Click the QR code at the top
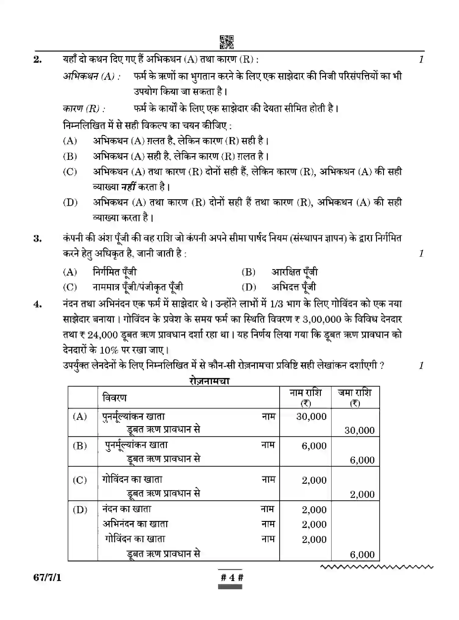coord(227,42)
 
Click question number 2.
coord(38,59)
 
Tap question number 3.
coord(38,238)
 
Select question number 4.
coord(38,304)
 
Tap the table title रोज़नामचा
coord(209,381)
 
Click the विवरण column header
coord(114,398)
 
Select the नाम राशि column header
coord(305,397)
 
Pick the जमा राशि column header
coord(355,397)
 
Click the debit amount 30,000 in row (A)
coord(311,417)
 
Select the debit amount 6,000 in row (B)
coord(314,446)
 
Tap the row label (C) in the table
coord(80,480)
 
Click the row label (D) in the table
coord(80,509)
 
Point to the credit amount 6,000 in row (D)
coord(362,554)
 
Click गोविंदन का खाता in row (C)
coord(132,479)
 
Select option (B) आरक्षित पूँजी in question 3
coord(294,272)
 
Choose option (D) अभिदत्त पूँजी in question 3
coord(293,287)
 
